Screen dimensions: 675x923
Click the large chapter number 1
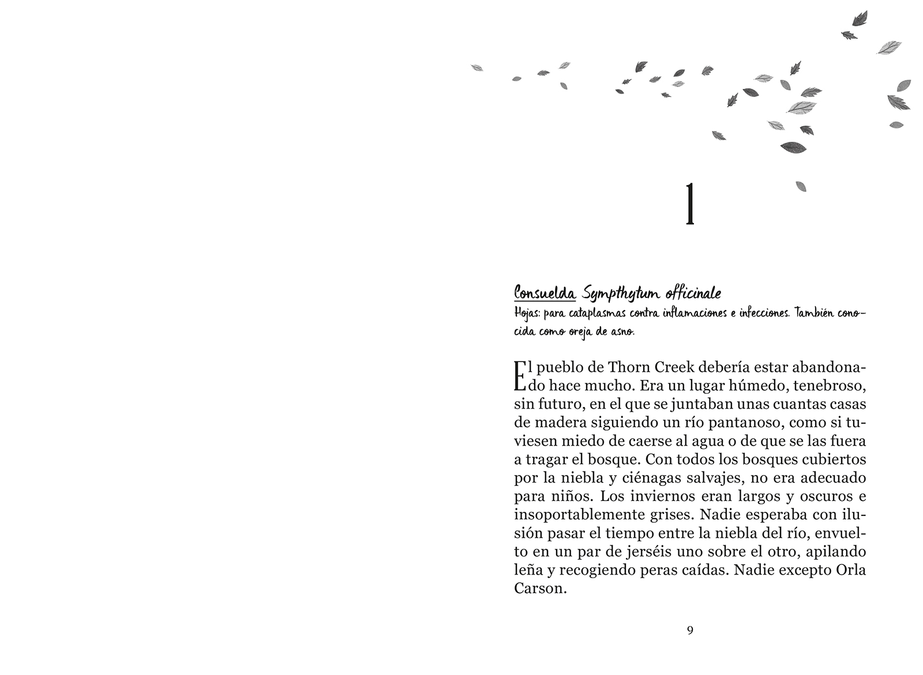click(x=689, y=203)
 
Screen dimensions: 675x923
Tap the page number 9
click(x=690, y=630)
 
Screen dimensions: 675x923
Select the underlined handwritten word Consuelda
click(x=545, y=293)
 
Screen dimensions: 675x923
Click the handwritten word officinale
click(x=693, y=294)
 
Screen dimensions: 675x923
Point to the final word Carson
click(x=538, y=589)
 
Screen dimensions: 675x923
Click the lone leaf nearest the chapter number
click(x=801, y=186)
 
